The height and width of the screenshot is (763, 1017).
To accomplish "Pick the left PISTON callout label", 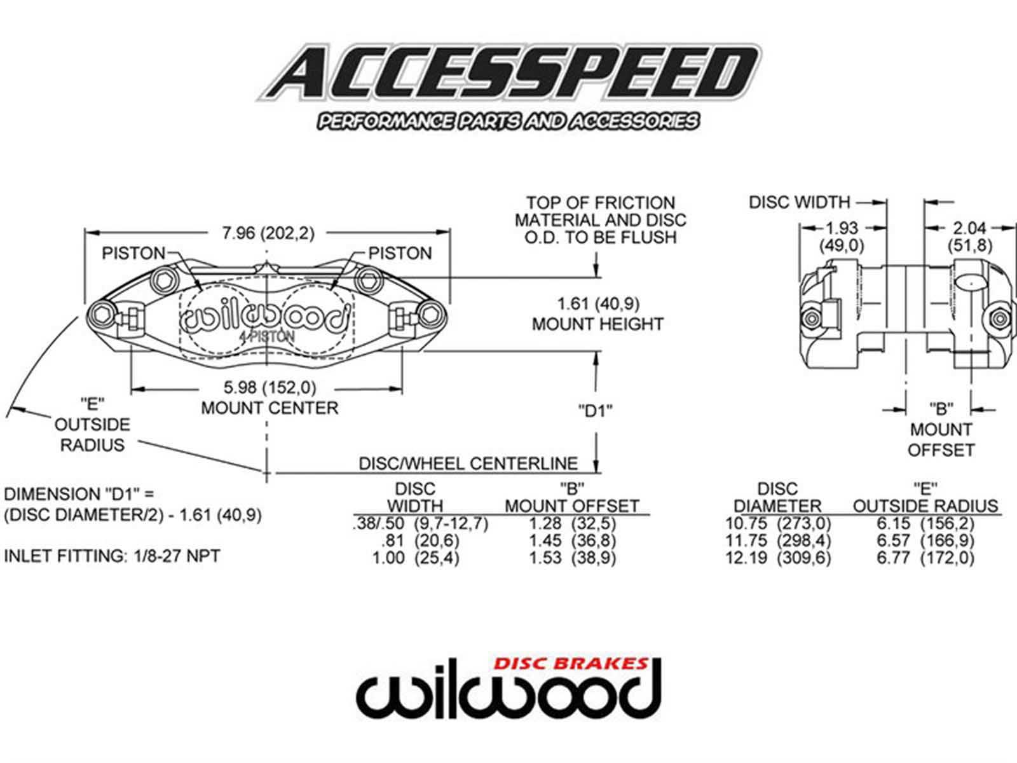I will pyautogui.click(x=133, y=253).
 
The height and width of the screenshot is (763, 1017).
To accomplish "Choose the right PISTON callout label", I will pyautogui.click(x=400, y=253).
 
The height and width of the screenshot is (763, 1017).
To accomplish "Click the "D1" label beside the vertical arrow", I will pyautogui.click(x=596, y=410).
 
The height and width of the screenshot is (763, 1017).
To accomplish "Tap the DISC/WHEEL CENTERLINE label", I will pyautogui.click(x=468, y=463).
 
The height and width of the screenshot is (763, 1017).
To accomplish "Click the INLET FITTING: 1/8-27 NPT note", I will pyautogui.click(x=112, y=556).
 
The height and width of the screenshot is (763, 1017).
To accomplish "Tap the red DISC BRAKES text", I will pyautogui.click(x=571, y=664).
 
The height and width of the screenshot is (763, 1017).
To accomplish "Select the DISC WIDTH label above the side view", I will pyautogui.click(x=799, y=202).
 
